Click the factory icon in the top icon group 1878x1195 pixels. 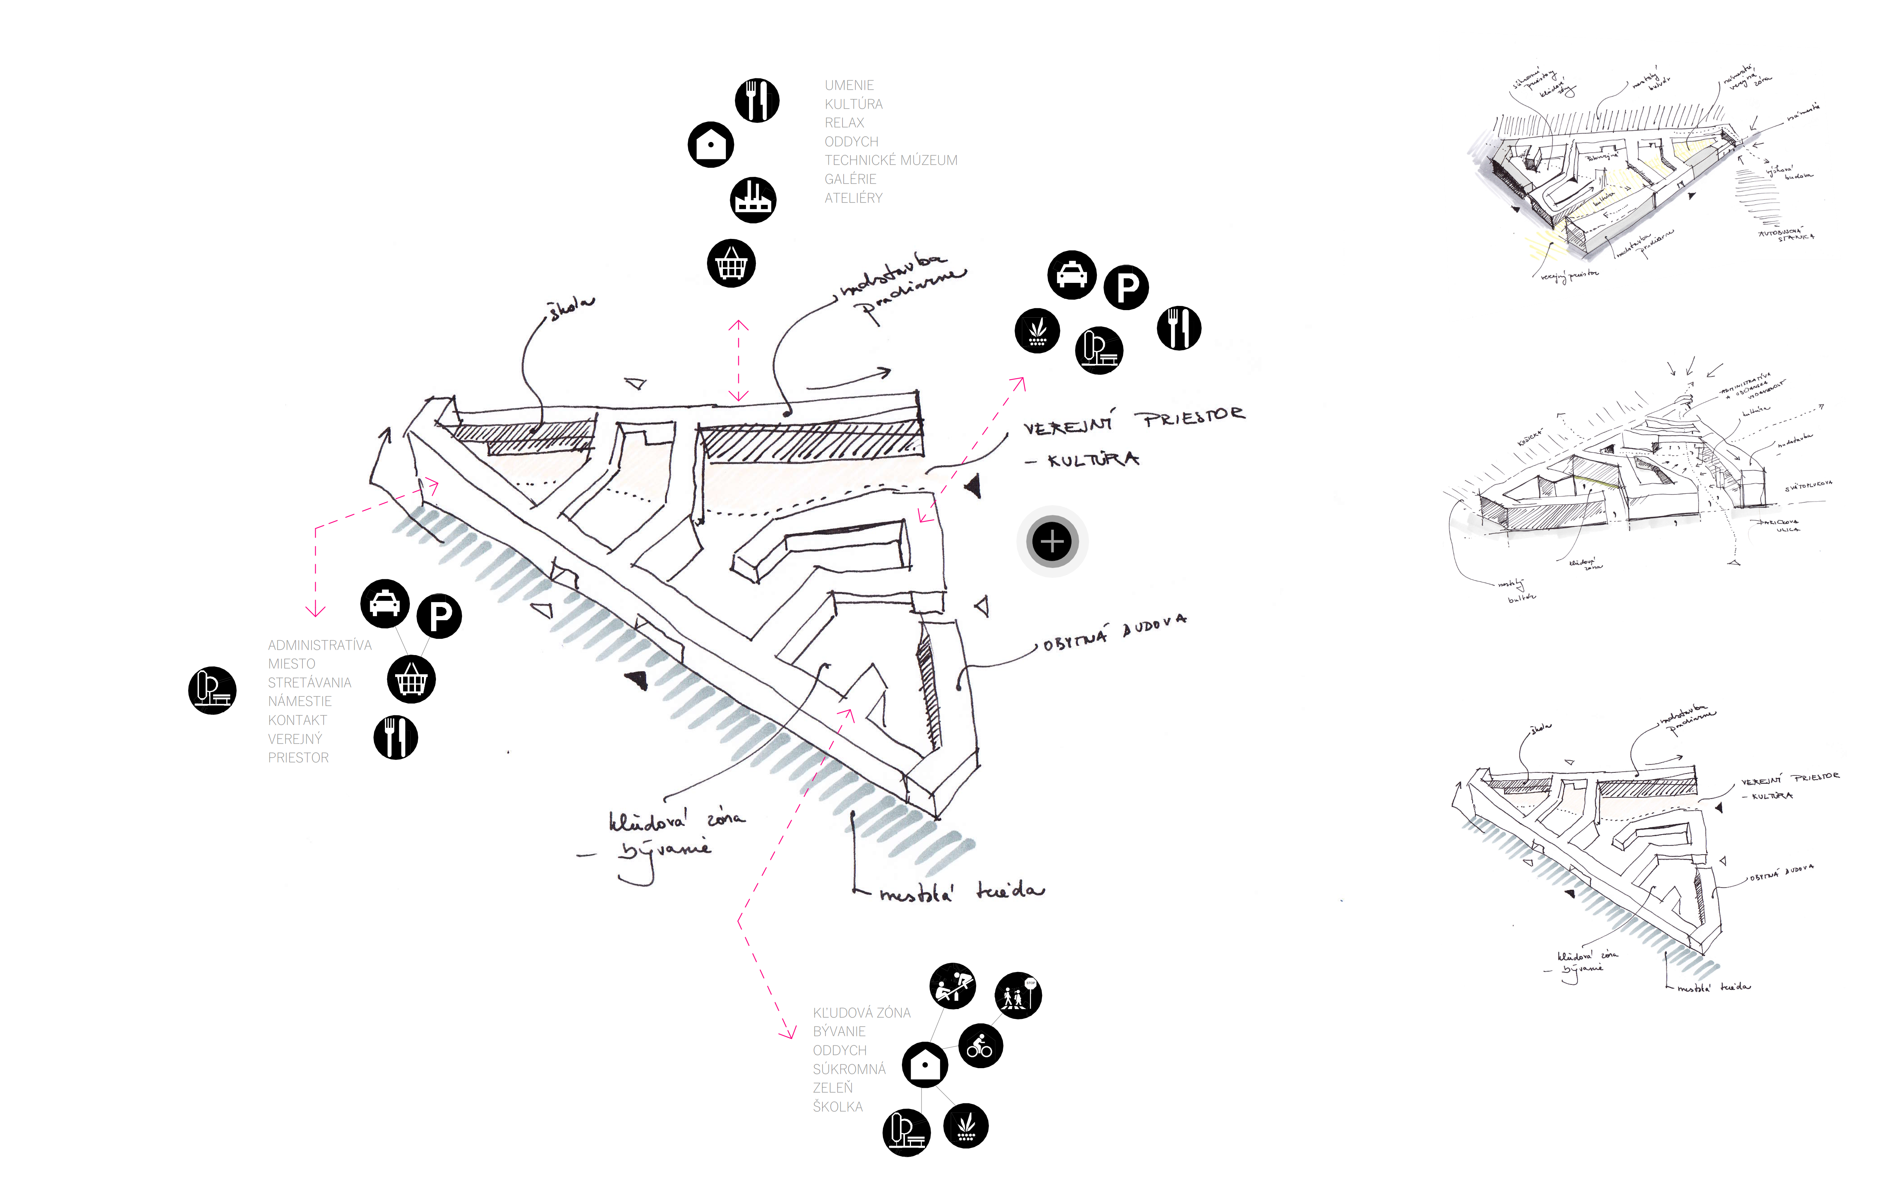point(753,200)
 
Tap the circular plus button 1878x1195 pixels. point(1052,541)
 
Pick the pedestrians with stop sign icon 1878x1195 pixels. point(1018,995)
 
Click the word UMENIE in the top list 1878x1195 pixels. point(849,85)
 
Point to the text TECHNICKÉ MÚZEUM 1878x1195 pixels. point(891,160)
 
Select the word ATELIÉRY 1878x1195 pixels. point(853,198)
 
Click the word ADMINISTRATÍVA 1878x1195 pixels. point(320,645)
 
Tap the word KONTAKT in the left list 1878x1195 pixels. point(297,720)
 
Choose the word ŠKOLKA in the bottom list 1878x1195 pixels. point(838,1107)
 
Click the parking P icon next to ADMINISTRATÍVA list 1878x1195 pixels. point(439,616)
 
